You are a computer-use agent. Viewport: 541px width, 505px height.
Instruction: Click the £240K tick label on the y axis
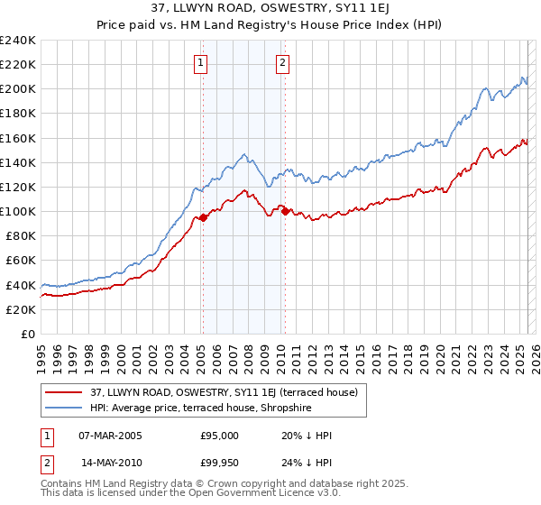(x=18, y=41)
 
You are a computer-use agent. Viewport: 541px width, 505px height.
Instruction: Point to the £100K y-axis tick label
(x=18, y=211)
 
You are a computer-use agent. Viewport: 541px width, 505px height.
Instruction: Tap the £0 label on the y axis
(x=28, y=334)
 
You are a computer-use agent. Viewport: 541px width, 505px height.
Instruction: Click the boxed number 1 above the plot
(x=199, y=63)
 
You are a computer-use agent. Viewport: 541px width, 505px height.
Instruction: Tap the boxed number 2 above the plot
(x=282, y=63)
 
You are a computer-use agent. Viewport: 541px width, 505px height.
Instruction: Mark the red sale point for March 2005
(x=203, y=217)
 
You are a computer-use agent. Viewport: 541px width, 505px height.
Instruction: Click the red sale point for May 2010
(x=286, y=211)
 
